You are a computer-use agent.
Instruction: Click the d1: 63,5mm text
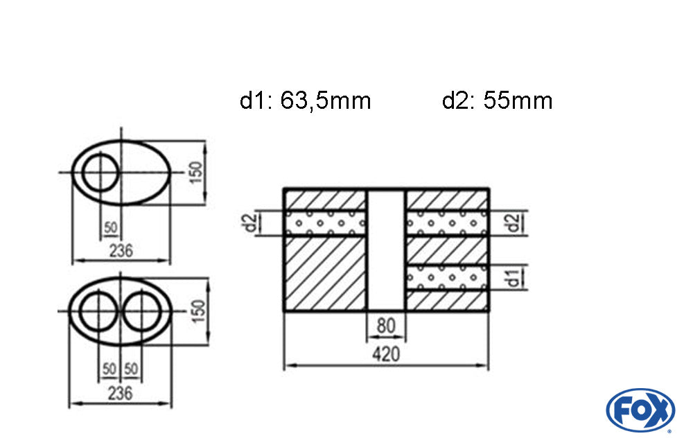305,101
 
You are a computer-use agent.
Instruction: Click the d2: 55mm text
497,101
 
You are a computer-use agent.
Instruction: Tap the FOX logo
640,410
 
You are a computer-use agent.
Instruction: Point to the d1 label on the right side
514,278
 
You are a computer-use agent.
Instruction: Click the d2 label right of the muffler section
514,222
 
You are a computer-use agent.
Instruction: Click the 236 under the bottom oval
121,393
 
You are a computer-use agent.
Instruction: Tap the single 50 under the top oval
110,227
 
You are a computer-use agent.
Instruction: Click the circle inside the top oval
100,173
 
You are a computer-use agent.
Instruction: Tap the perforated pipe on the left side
325,223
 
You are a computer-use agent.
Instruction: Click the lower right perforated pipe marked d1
448,277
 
